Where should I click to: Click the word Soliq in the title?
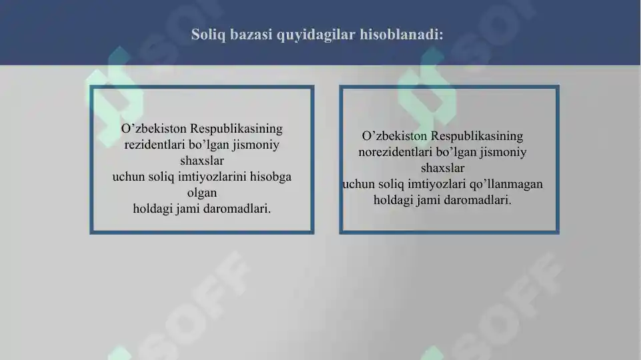[208, 34]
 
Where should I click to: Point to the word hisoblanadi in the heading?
[401, 34]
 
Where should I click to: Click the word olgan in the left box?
[202, 193]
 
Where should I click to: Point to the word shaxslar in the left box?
[202, 161]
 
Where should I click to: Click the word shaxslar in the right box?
[442, 168]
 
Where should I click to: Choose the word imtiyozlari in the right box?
[444, 183]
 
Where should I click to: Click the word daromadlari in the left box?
[235, 208]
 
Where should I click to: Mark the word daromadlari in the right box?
[476, 199]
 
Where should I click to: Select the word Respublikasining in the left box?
[237, 128]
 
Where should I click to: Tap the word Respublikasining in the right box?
[478, 136]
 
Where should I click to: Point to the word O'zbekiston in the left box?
[154, 128]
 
